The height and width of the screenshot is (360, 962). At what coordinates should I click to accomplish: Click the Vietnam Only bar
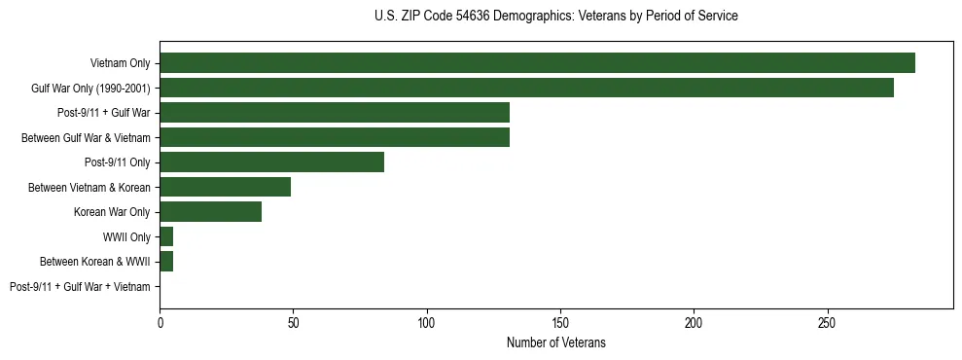tap(537, 62)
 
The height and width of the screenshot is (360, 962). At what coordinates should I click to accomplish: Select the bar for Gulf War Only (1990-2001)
tap(526, 88)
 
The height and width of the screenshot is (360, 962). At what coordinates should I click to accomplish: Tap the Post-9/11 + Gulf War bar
tap(335, 112)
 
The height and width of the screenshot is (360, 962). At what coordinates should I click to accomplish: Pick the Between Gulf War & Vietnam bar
tap(335, 137)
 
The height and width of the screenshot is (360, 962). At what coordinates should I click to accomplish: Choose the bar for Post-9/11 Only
tap(271, 162)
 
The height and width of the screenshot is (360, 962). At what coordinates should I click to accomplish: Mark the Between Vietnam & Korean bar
tap(225, 187)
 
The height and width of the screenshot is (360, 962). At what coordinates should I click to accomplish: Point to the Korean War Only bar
tap(210, 211)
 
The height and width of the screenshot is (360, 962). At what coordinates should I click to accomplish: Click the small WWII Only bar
tap(166, 236)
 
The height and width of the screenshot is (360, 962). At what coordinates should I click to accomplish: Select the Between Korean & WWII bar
tap(166, 261)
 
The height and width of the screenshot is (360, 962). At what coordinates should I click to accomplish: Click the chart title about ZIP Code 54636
tap(555, 16)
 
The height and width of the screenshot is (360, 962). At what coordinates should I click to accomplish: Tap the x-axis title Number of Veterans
tap(555, 342)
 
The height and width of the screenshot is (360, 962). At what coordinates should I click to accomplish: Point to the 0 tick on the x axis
tap(160, 322)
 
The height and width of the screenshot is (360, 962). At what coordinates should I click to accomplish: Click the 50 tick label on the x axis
tap(293, 322)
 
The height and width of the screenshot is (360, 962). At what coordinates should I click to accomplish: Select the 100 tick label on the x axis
tap(426, 322)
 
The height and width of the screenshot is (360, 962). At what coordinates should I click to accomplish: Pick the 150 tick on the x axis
tap(560, 322)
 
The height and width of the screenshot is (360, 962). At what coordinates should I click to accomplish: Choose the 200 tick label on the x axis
tap(694, 322)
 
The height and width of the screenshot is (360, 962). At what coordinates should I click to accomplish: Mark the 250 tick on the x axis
tap(827, 322)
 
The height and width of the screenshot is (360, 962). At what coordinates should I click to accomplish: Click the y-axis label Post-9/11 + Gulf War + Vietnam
tap(80, 286)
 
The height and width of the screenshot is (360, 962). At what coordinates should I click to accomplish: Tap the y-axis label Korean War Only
tap(112, 211)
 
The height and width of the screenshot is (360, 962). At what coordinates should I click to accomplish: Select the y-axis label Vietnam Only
tap(120, 62)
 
